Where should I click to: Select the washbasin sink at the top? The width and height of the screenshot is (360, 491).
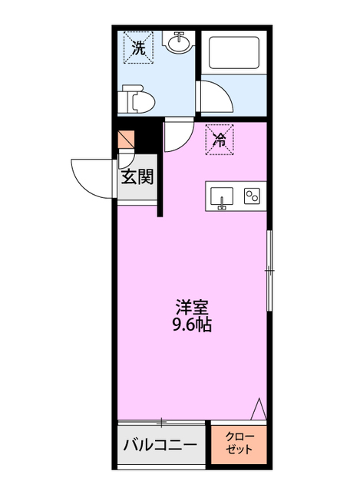coord(180,44)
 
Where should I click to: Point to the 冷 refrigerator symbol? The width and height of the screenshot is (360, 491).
coord(220,138)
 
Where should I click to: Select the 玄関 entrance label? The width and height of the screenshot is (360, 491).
coord(137,177)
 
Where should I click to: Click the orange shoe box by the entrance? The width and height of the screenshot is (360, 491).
coord(127,140)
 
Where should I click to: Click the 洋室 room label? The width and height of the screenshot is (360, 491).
coord(192,307)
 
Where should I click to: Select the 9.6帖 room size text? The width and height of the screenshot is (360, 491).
coord(192,325)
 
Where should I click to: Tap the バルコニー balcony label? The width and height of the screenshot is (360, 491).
coord(161,444)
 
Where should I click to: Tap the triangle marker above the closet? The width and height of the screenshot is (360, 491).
coord(259,409)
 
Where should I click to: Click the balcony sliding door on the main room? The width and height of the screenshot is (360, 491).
coord(162,421)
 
